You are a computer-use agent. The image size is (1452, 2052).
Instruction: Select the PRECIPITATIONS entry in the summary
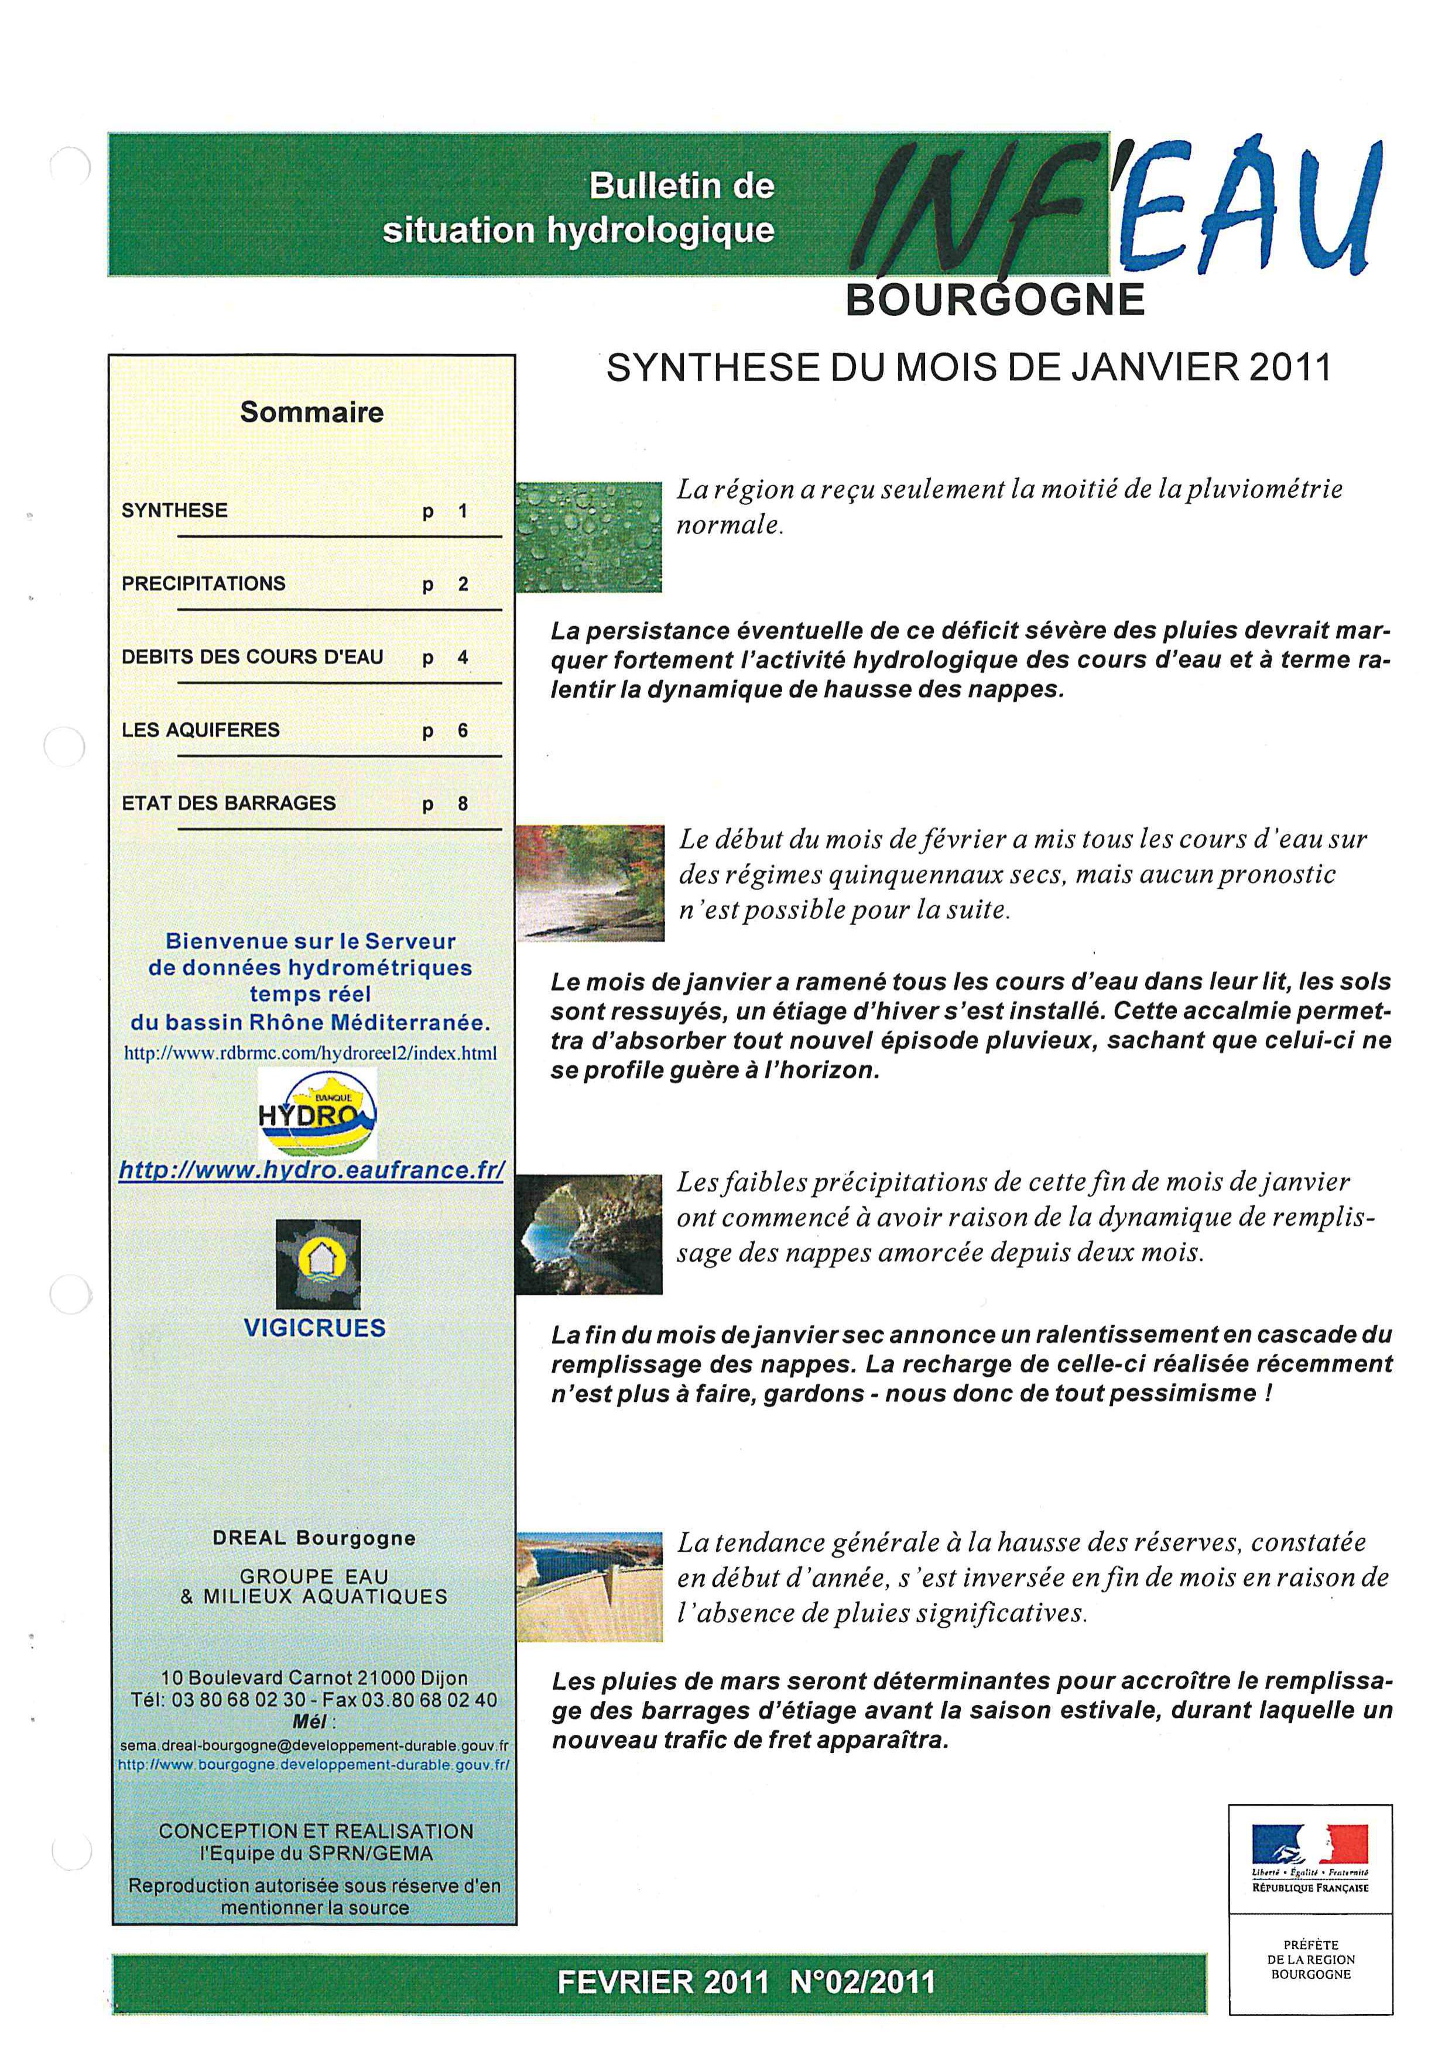click(x=204, y=583)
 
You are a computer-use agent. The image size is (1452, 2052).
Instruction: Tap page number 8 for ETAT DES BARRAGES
click(x=463, y=803)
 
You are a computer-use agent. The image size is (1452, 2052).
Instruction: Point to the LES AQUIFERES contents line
click(x=201, y=730)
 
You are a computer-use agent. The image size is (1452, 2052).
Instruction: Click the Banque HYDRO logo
click(x=317, y=1113)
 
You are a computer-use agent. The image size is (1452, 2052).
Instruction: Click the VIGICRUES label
click(x=315, y=1327)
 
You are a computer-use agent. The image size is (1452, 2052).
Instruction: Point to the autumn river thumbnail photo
click(x=590, y=882)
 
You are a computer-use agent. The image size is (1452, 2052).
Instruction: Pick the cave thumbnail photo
click(x=588, y=1234)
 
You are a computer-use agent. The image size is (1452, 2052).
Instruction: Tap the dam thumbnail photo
click(x=589, y=1586)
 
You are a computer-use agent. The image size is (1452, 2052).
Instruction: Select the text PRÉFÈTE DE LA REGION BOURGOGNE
click(x=1311, y=1959)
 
